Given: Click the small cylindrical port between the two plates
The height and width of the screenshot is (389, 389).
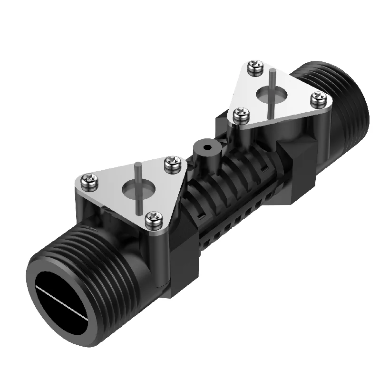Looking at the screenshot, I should click(x=204, y=151).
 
